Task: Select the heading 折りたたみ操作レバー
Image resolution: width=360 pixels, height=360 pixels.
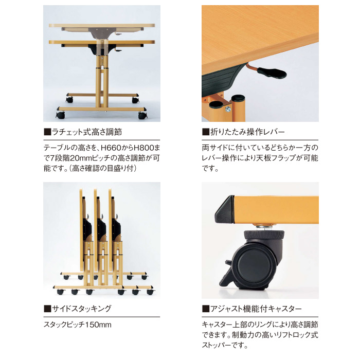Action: coord(247,132)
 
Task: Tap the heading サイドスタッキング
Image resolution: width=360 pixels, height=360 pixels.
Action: coord(81,309)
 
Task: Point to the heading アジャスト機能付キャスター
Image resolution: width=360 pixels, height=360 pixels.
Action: coord(256,309)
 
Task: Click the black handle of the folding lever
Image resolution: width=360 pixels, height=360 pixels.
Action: coord(272,73)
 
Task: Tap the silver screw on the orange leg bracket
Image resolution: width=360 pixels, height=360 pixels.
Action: coord(228,110)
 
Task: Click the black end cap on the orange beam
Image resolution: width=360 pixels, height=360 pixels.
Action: coord(225,210)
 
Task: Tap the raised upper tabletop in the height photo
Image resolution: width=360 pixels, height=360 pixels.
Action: coord(102,25)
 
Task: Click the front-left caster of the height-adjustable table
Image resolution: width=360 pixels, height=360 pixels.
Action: coord(60,115)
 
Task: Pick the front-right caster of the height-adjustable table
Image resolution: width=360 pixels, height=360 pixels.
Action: coord(142,115)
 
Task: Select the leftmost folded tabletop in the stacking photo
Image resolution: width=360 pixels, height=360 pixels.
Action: coord(81,229)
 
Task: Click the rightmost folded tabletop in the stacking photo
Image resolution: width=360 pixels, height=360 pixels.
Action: coord(110,229)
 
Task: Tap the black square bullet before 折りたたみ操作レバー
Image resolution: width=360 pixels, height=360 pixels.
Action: coord(206,132)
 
